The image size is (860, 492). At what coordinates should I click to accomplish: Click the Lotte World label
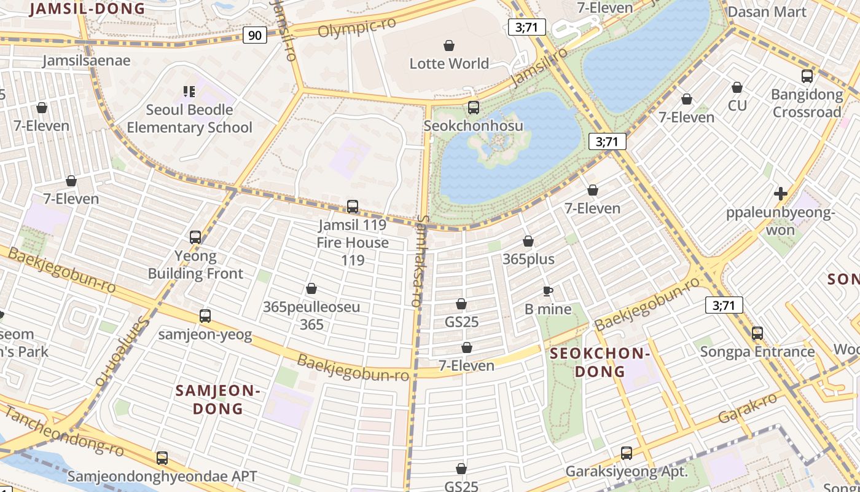[x=449, y=63]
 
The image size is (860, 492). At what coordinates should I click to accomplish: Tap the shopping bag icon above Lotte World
[x=449, y=46]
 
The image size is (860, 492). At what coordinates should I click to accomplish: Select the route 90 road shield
[x=254, y=35]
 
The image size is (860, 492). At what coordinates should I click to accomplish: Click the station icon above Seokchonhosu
[x=473, y=108]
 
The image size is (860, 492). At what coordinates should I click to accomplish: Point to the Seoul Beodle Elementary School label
[x=189, y=119]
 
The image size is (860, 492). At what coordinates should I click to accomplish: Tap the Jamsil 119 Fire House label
[x=353, y=234]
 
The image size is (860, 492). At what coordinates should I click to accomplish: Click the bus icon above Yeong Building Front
[x=195, y=237]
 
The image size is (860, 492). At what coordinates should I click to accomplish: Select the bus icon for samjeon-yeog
[x=205, y=316]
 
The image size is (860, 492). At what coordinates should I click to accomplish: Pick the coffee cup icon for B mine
[x=548, y=291]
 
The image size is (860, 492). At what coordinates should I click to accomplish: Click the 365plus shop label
[x=528, y=260]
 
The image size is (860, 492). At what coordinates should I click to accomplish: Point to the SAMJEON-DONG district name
[x=218, y=399]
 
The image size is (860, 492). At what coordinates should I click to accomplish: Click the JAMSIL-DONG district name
[x=87, y=9]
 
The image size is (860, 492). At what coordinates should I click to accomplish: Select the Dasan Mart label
[x=767, y=12]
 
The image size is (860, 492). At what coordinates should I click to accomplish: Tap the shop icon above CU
[x=737, y=87]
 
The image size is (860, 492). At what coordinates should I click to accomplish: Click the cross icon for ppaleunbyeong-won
[x=780, y=194]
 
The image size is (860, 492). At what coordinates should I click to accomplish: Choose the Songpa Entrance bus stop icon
[x=757, y=333]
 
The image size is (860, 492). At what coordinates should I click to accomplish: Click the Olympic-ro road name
[x=356, y=26]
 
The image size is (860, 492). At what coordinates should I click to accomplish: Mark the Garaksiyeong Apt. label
[x=626, y=472]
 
